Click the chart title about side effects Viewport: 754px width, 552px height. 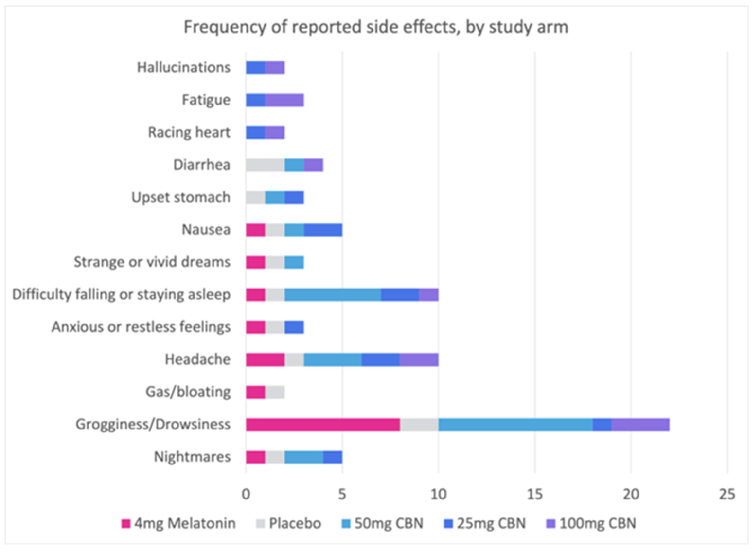pos(376,27)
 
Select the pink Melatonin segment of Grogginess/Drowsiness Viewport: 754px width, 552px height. pos(323,424)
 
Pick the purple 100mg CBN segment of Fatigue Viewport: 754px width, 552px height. pos(284,100)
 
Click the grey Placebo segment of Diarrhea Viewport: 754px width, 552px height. pos(265,165)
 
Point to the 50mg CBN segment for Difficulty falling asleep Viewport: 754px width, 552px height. pos(333,295)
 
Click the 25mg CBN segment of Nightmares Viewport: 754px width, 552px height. pos(333,457)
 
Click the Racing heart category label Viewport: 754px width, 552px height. pos(189,132)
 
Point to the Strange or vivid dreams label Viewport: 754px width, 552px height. pos(152,262)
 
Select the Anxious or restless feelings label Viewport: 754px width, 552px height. pos(141,327)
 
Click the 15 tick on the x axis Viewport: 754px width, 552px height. pos(534,494)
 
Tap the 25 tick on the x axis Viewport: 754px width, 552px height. pos(727,494)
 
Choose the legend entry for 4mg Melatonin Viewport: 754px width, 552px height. pos(179,523)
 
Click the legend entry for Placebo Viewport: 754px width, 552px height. pos(288,523)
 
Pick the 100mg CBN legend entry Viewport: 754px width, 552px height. pos(591,523)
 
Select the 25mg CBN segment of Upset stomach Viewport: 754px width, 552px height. pos(294,197)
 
